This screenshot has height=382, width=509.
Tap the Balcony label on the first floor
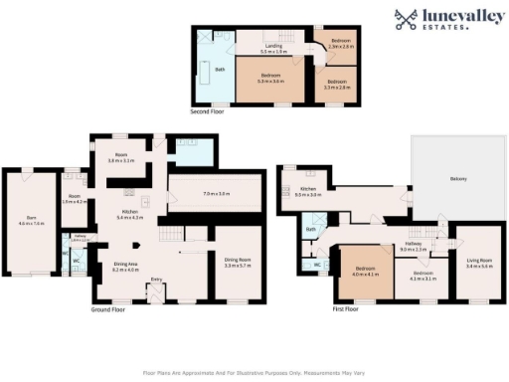(458, 178)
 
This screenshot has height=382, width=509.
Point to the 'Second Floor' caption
(208, 112)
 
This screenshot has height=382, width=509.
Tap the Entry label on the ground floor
(156, 280)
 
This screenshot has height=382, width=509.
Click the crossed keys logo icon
(406, 18)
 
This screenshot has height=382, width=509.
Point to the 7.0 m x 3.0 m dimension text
(217, 192)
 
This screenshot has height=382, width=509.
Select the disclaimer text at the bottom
(254, 371)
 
